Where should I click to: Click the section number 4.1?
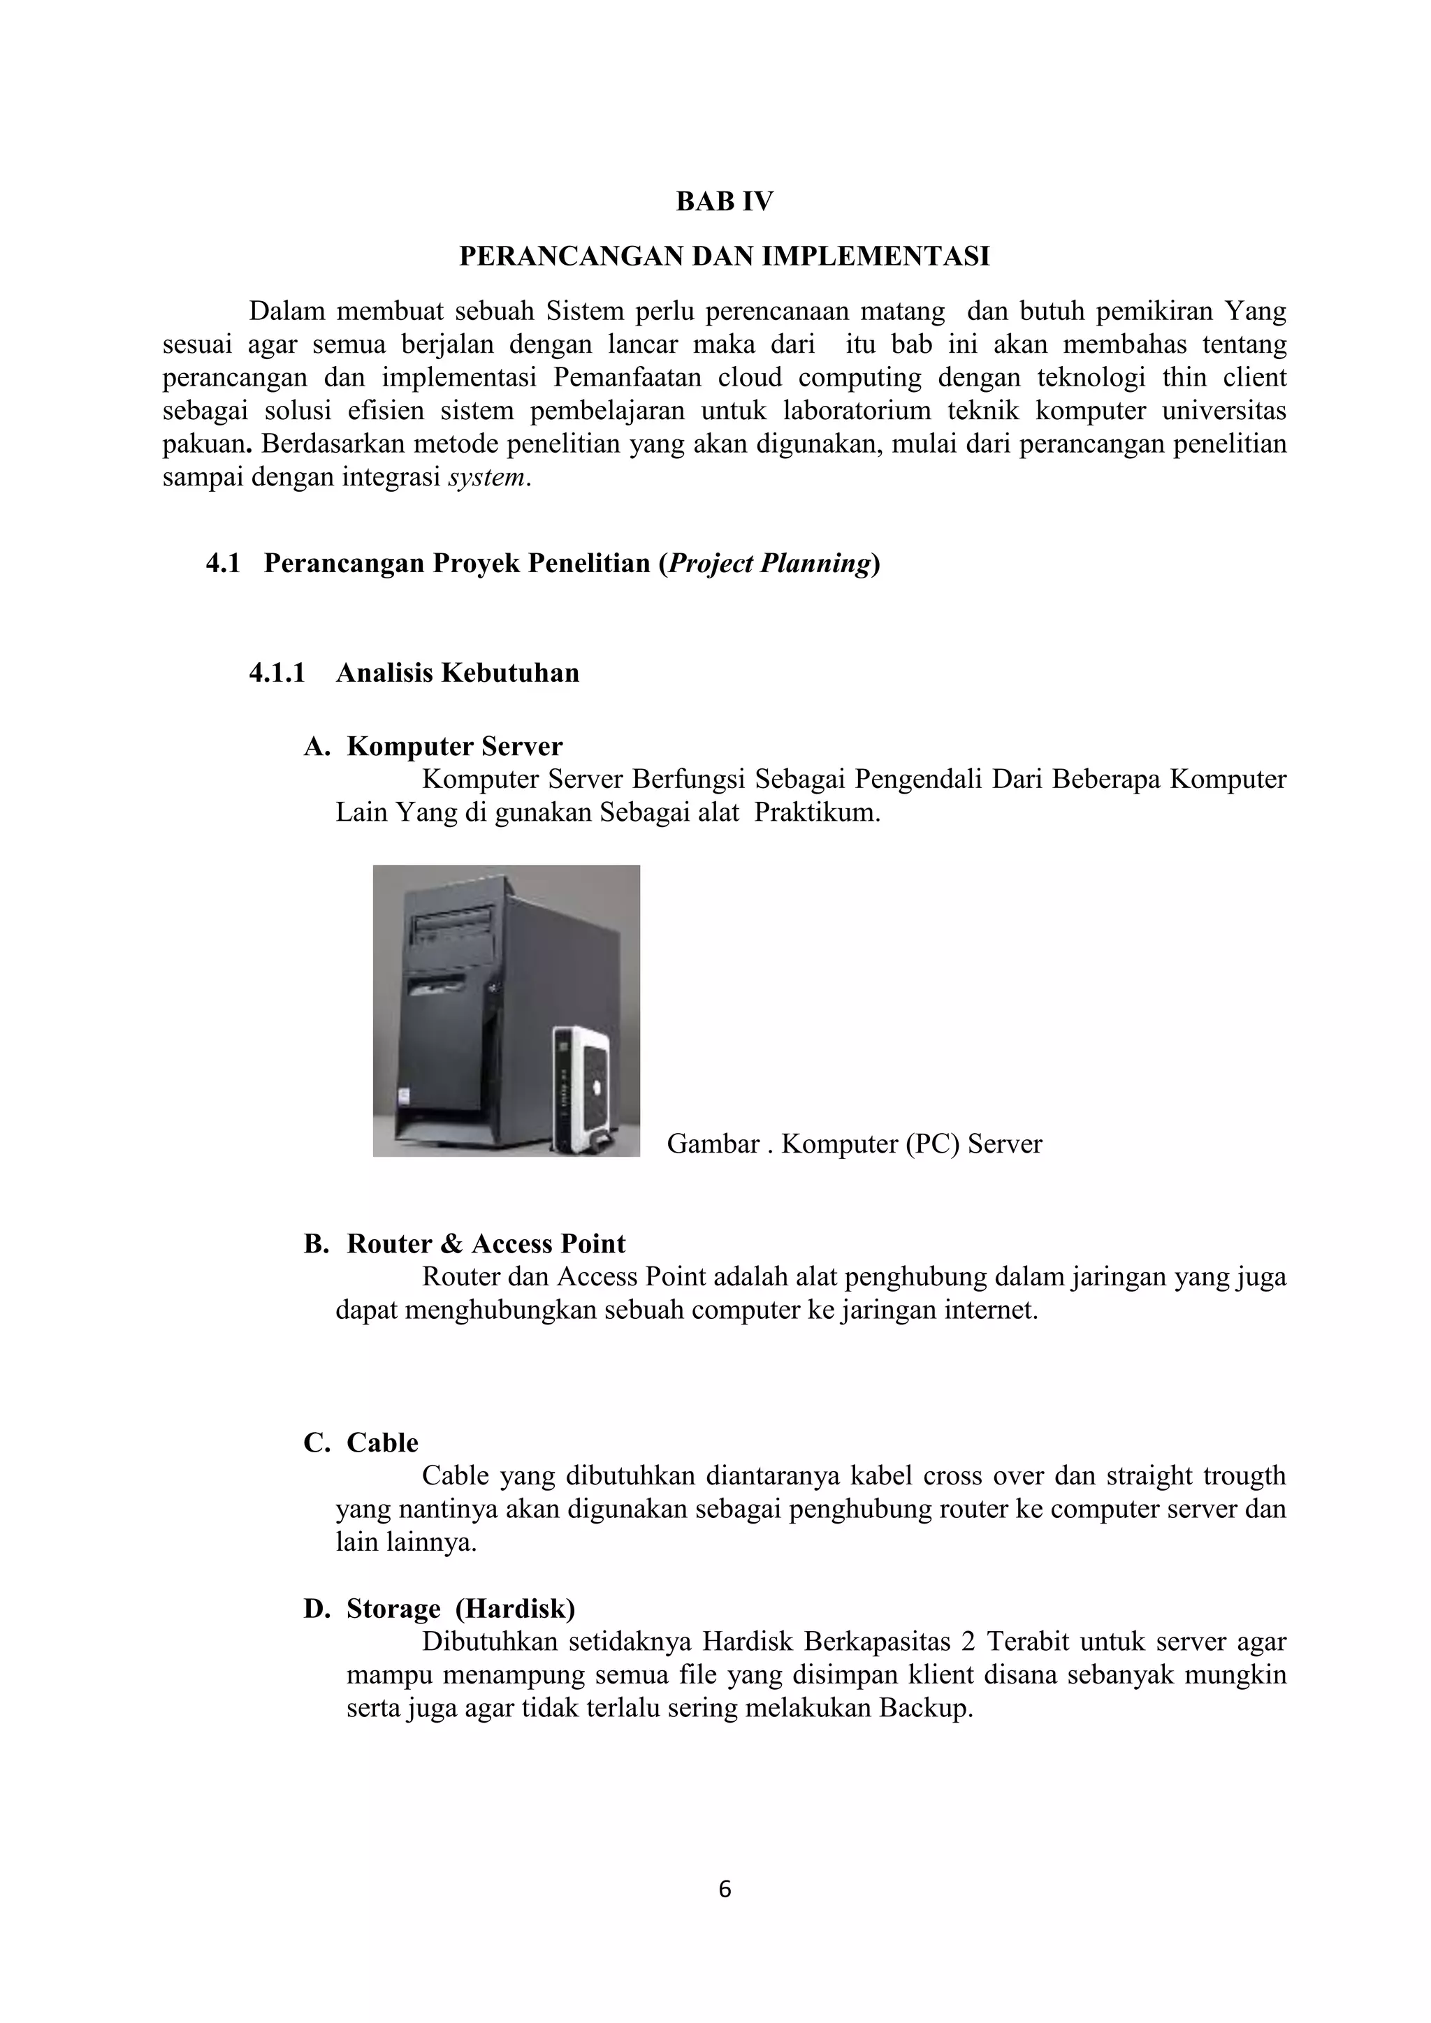[223, 564]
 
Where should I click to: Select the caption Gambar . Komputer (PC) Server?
[854, 1144]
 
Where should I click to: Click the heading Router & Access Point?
[486, 1243]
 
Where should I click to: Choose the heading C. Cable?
[361, 1443]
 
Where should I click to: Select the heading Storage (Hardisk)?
[460, 1609]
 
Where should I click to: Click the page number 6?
[725, 1889]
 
